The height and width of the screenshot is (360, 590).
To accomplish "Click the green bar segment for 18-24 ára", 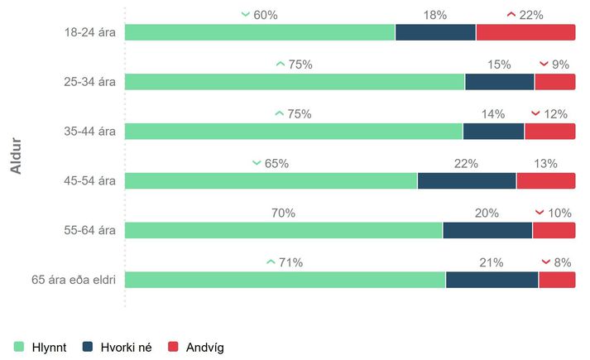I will pos(260,32).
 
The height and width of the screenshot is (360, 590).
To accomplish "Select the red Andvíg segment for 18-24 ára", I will pos(525,32).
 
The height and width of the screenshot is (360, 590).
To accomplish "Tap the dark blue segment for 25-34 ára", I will pos(500,81).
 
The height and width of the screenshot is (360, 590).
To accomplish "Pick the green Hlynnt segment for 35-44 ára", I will pos(294,131).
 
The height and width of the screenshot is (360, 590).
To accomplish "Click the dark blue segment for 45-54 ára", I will pos(467,180).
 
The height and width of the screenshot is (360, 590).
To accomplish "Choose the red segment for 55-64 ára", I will pos(554,230).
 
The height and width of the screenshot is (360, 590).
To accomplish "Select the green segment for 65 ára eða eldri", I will pos(285,280).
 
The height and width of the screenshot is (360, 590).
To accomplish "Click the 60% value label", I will pos(266,15).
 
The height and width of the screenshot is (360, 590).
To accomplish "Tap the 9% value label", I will pos(560,65).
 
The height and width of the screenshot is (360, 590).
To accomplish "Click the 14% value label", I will pos(493,114).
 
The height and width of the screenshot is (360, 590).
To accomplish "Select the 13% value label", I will pos(545,164).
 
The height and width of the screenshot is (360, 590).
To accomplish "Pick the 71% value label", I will pos(290,263).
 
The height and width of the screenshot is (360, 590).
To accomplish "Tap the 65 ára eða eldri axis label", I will pos(73,280).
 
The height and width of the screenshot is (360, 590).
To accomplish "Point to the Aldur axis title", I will pos(16,156).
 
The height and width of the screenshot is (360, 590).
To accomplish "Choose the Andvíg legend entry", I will pos(195,347).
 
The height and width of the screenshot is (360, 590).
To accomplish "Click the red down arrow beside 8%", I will pos(546,262).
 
